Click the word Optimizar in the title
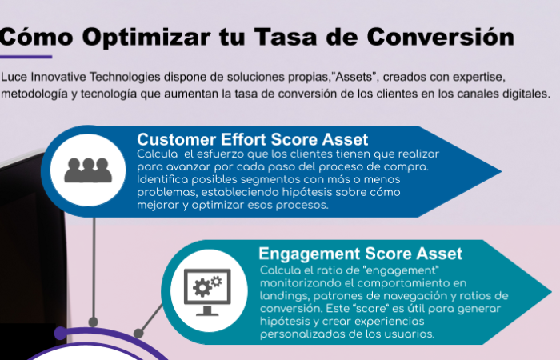point(146,38)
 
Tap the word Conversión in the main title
point(440,36)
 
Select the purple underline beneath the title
point(26,57)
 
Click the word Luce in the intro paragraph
point(14,77)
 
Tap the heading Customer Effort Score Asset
point(252,139)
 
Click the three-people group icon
point(88,170)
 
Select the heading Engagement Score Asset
point(360,254)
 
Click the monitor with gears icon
point(207,292)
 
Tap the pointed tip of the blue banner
point(502,171)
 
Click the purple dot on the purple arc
point(61,333)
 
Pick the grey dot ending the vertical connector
point(94,322)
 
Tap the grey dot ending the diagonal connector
point(138,334)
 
